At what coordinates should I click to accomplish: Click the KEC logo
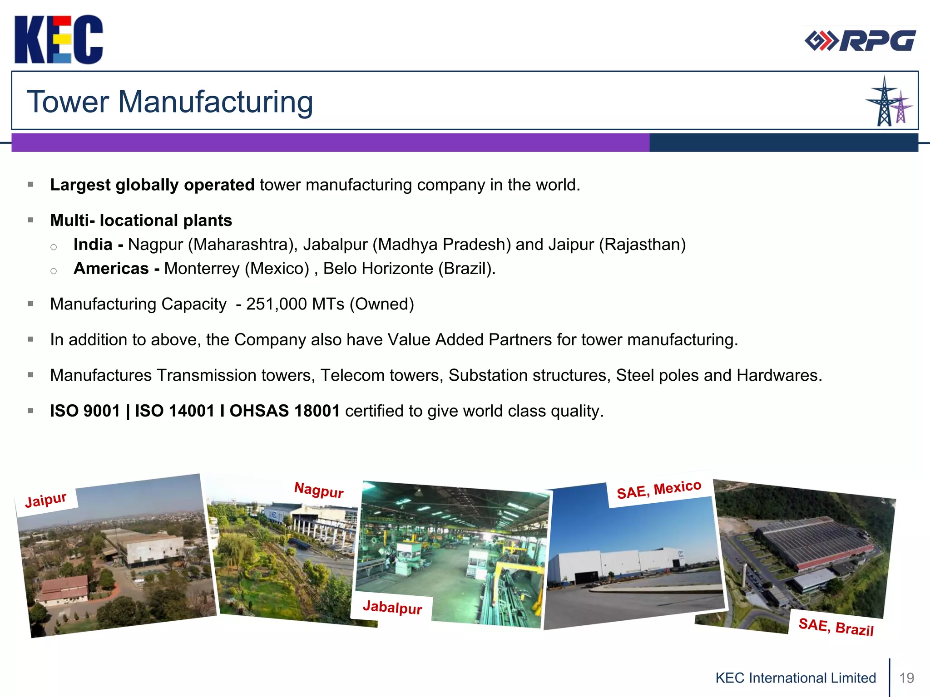point(59,39)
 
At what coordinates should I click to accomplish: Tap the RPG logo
point(860,41)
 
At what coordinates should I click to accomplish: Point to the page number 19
point(906,678)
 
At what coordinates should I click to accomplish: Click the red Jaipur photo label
point(46,500)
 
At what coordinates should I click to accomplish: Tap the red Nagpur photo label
point(319,490)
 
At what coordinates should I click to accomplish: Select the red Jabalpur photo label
point(392,607)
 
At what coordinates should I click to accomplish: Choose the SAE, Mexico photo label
point(659,490)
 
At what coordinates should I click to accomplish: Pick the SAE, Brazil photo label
point(836,627)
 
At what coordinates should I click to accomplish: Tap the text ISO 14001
point(175,411)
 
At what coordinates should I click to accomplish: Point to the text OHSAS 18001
point(285,411)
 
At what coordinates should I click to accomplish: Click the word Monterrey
point(202,269)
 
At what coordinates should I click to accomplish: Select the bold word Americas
point(111,269)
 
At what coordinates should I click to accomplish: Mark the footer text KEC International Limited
point(796,678)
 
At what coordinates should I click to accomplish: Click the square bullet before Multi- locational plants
point(30,220)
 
